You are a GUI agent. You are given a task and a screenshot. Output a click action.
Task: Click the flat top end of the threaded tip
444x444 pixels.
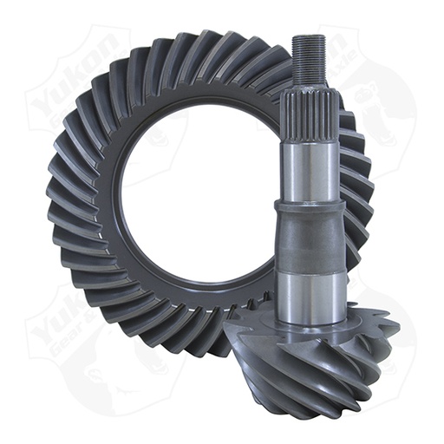click(308, 36)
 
